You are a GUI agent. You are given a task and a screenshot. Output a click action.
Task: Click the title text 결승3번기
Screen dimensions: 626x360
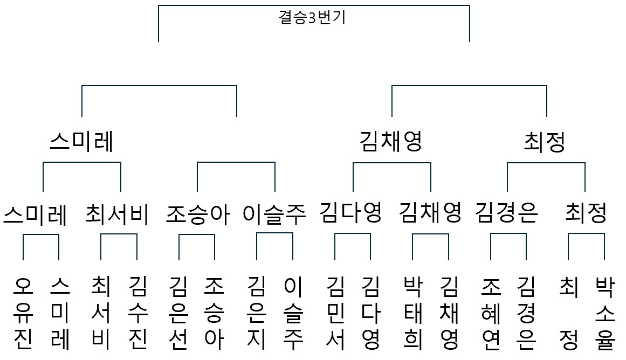click(x=312, y=18)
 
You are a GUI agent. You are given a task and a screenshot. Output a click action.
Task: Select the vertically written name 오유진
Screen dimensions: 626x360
click(x=23, y=313)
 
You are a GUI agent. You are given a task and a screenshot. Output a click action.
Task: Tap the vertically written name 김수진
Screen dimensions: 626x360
click(x=138, y=313)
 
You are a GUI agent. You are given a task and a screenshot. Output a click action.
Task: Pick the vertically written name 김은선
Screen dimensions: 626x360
click(x=178, y=313)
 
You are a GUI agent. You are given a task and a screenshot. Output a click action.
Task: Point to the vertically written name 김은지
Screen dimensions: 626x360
click(x=256, y=313)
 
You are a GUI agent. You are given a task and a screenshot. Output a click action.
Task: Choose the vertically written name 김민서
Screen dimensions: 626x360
click(x=335, y=313)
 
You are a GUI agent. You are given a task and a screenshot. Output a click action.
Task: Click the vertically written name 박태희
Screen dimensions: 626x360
click(x=413, y=313)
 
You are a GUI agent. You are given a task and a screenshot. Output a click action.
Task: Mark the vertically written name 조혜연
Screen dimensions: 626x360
click(x=491, y=313)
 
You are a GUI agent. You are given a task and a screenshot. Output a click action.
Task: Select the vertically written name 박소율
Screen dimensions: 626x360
click(x=605, y=313)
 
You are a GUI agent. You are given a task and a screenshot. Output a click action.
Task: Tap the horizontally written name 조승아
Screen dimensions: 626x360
click(x=198, y=214)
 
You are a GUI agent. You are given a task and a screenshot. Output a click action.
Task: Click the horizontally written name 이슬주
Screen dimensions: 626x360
click(x=274, y=214)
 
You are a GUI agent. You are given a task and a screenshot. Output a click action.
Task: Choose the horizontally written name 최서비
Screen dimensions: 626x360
click(x=117, y=214)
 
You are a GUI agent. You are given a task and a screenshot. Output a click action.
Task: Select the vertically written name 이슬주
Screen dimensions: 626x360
click(x=293, y=313)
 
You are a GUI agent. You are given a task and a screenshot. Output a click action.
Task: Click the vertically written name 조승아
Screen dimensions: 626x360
click(x=214, y=313)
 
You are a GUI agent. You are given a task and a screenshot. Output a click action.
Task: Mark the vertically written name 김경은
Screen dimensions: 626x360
click(x=526, y=313)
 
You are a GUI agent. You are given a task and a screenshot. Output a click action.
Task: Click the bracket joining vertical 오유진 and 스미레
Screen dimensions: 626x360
click(x=41, y=234)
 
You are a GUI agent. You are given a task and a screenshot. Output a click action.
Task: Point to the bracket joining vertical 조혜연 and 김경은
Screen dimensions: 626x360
click(x=508, y=234)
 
